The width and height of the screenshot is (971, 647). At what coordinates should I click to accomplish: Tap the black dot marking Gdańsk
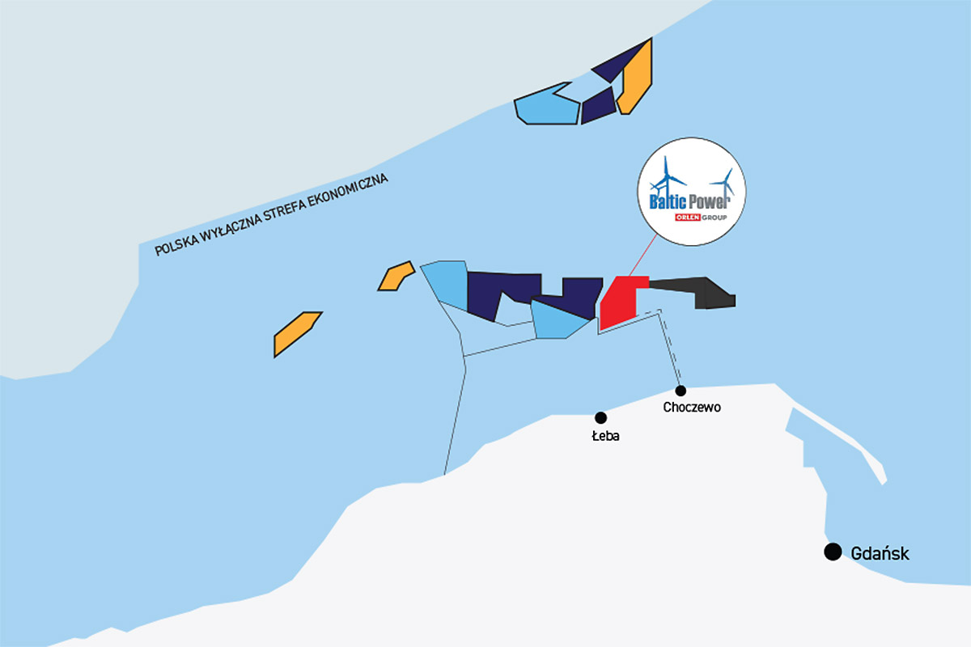pos(833,552)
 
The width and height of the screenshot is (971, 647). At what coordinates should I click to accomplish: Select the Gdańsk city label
pos(880,553)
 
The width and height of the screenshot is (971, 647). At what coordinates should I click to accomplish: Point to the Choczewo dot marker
pos(681,391)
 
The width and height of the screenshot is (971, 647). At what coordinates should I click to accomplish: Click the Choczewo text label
pos(692,408)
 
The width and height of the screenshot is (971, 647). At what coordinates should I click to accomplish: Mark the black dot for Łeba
pos(600,418)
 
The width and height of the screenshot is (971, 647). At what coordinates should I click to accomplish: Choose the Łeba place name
pos(605,436)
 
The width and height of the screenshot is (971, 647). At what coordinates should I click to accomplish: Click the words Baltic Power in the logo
pos(690,201)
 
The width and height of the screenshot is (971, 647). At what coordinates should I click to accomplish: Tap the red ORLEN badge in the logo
pos(688,217)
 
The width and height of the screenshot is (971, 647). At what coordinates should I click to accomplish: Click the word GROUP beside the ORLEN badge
pos(714,217)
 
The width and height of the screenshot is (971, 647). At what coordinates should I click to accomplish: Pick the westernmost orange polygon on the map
pos(298,334)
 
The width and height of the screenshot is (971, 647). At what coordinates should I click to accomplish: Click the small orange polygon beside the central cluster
pos(396,276)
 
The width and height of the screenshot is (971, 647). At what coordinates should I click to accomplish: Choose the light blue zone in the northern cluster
pos(547,104)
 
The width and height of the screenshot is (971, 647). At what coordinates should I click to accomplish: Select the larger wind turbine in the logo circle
pos(668,178)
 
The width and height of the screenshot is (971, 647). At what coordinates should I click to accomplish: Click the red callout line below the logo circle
pos(642,256)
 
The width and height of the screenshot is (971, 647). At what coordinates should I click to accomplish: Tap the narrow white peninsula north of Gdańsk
pos(839,444)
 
